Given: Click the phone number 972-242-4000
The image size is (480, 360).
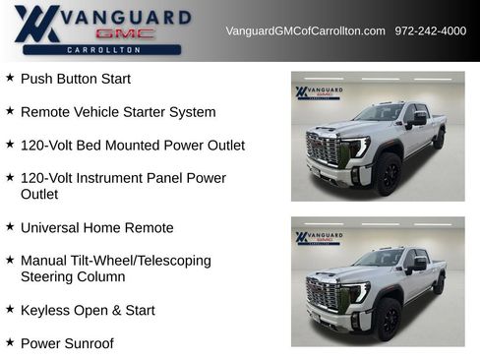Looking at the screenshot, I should (x=431, y=31).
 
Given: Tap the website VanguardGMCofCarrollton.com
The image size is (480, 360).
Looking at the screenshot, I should (x=305, y=31).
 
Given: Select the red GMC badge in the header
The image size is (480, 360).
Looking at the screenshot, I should (x=127, y=33).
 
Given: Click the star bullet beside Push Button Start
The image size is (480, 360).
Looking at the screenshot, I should (x=10, y=78).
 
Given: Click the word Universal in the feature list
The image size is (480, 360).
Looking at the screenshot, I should (x=50, y=227).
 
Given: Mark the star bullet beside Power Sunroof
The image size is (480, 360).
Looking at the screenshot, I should (x=10, y=342).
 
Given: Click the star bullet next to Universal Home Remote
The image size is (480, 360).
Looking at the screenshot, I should (x=10, y=227).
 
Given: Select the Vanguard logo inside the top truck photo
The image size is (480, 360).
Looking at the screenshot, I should (x=319, y=93).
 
